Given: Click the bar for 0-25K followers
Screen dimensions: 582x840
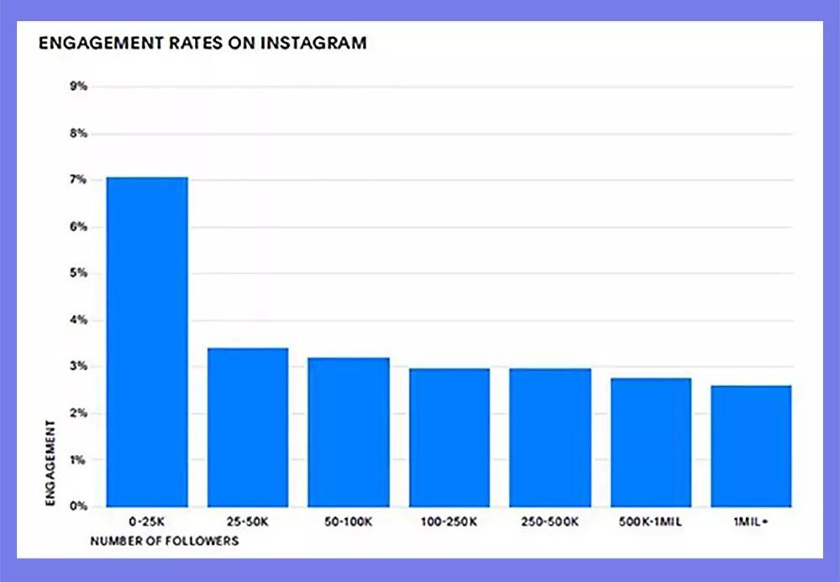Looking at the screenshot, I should coord(147,341).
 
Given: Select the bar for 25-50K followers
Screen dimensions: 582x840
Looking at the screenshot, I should coord(248,427).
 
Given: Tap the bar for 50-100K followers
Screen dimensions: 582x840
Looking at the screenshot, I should coord(349,432).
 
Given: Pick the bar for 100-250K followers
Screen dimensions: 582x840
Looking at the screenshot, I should coord(449,437).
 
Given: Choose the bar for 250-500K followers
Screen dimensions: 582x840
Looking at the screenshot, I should coord(550,437).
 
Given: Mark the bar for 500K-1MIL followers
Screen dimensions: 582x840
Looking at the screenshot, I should coord(651,442).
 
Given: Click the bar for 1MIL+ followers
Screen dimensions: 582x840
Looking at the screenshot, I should coord(751,446).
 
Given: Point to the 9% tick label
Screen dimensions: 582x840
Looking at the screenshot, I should coord(77,87).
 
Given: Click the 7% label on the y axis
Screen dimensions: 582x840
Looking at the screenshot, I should coord(77,180).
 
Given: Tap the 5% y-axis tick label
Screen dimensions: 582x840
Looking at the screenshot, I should coord(77,273).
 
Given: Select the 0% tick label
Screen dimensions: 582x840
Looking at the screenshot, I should coord(77,506).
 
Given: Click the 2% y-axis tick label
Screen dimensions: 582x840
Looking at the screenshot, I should coord(77,413).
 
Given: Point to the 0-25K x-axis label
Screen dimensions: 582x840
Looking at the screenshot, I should coord(147,521).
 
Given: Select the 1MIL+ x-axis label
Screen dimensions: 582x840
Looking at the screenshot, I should coord(751,521).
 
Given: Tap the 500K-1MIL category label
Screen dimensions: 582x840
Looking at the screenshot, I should coord(651,521).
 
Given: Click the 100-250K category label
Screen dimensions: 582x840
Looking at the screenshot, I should coord(449,521).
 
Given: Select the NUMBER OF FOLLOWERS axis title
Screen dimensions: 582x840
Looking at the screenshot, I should coord(165,541).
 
